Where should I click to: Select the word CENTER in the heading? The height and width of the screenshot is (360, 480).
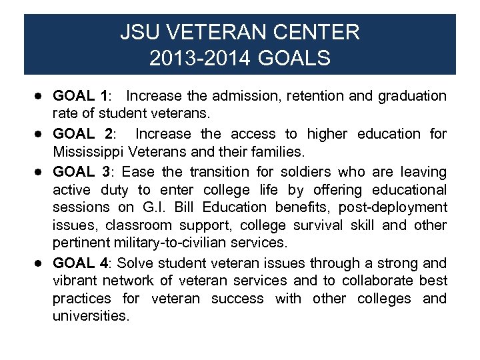coord(318,31)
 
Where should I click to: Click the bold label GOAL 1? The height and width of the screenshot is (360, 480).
coord(81,96)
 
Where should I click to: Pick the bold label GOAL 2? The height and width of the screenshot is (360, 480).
coord(83,134)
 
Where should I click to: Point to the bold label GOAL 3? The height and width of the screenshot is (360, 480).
coord(82,172)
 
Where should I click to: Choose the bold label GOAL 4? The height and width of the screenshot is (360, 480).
coord(81,263)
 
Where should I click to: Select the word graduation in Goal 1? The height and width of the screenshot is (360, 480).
coord(412,96)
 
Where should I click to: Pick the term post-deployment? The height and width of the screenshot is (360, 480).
coord(403,208)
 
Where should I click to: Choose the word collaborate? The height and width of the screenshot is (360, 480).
coord(377,281)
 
